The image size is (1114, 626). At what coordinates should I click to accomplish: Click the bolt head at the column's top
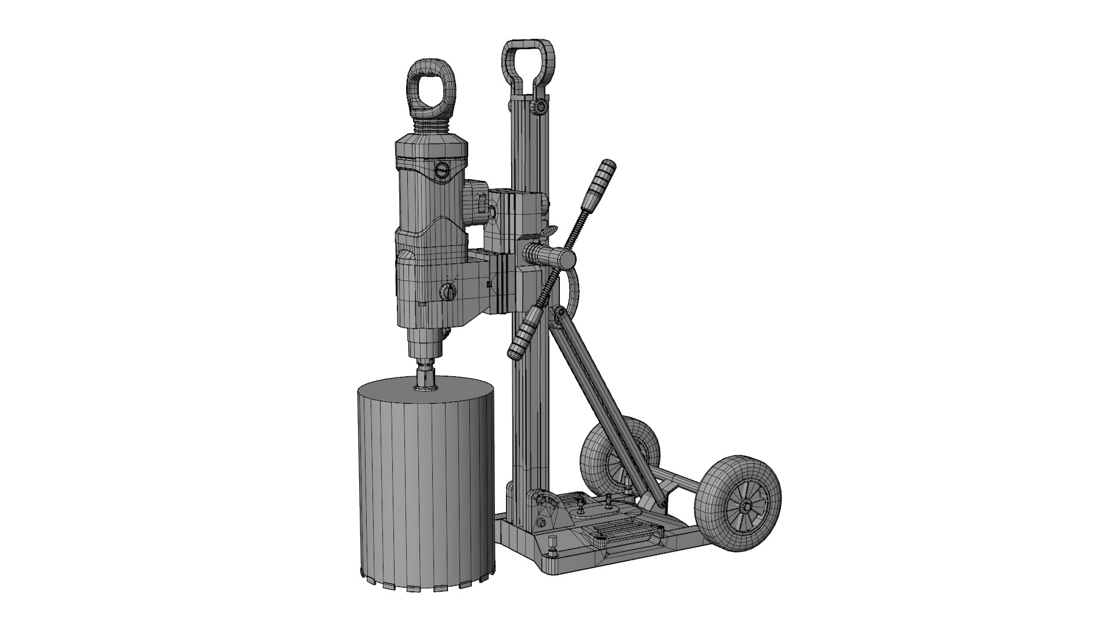540,107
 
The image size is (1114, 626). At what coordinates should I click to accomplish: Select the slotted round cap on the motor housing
443,171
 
